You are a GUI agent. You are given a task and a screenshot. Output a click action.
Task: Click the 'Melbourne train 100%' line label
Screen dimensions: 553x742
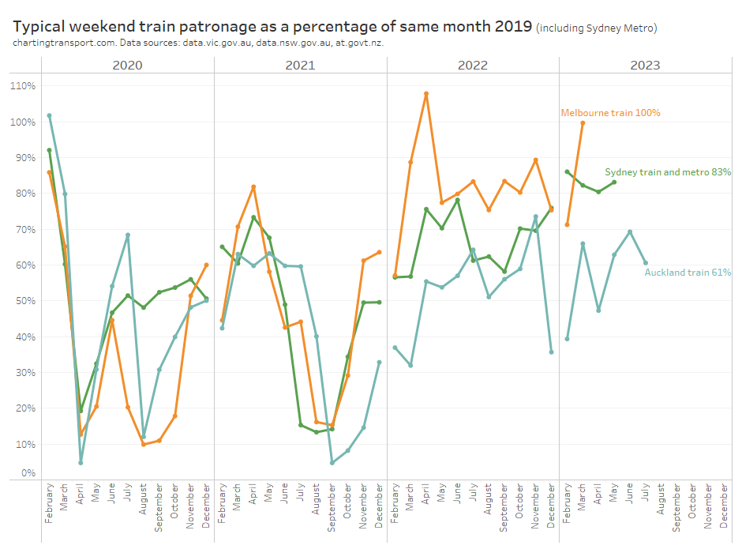[610, 113]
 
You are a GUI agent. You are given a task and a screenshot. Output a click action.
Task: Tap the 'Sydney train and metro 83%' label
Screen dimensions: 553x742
[667, 171]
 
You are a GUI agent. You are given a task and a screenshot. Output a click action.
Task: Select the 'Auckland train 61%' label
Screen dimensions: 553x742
[688, 273]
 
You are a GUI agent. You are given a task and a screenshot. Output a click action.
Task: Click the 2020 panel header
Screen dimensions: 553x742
[127, 65]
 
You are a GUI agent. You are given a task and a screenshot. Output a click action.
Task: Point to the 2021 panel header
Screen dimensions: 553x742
[300, 65]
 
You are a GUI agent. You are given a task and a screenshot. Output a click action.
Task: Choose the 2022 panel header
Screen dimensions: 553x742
[472, 65]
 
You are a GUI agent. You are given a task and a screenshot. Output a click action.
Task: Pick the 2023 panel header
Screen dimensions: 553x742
[645, 65]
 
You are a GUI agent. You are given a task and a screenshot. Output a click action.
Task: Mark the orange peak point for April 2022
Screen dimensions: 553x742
[426, 94]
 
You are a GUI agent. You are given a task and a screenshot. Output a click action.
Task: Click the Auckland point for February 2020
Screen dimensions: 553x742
[49, 115]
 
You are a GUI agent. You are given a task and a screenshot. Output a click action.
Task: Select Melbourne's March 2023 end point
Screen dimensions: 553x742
[583, 122]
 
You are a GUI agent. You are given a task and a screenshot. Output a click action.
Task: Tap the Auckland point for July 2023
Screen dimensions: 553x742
[646, 263]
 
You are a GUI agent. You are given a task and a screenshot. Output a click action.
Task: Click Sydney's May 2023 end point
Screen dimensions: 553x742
[614, 182]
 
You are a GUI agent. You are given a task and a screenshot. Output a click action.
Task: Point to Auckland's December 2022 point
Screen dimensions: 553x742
[551, 352]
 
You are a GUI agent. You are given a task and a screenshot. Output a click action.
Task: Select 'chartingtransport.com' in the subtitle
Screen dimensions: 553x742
[60, 42]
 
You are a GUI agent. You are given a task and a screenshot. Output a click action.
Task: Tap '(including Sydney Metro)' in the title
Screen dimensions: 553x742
[596, 28]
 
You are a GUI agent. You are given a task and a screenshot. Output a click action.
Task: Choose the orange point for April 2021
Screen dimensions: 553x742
[253, 186]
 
